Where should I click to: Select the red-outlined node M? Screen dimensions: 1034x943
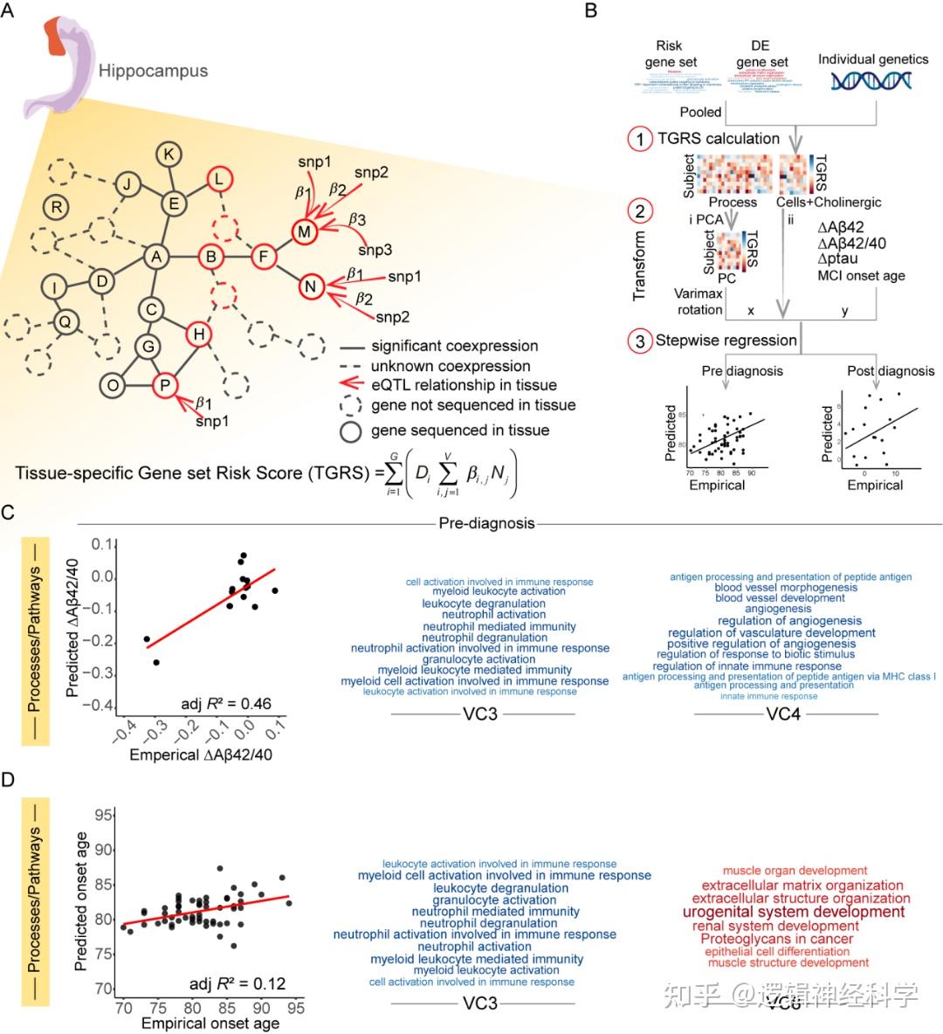click(x=304, y=231)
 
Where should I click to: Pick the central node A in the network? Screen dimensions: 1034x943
click(x=156, y=257)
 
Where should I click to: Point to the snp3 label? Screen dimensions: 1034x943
click(x=375, y=251)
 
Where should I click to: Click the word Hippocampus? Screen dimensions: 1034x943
click(x=153, y=70)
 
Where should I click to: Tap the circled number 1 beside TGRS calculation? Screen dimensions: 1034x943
click(x=641, y=138)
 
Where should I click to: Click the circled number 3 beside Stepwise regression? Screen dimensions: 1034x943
click(x=641, y=341)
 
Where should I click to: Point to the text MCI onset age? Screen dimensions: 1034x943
click(x=861, y=276)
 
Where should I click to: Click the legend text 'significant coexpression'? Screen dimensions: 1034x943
click(x=454, y=346)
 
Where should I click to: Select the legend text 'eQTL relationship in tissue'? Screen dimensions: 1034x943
click(x=463, y=385)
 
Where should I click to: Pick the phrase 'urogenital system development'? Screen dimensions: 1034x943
click(x=793, y=912)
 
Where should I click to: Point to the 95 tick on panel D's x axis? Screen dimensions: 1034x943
click(x=296, y=1008)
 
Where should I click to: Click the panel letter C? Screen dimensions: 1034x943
click(x=8, y=513)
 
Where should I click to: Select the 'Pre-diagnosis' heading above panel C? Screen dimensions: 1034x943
click(x=486, y=524)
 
